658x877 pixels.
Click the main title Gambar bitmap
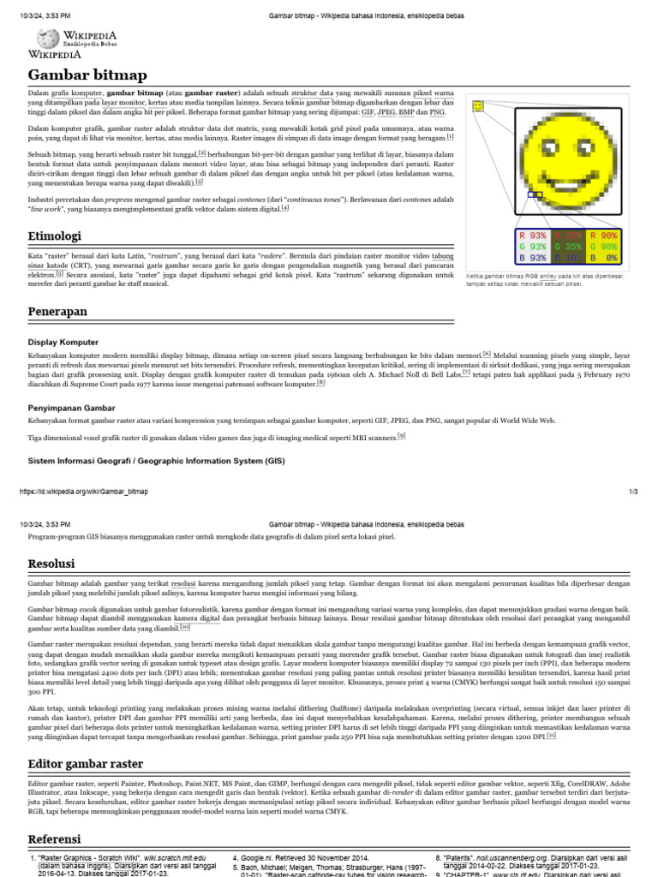(x=76, y=75)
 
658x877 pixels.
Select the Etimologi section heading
(x=54, y=236)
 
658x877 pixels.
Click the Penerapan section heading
(x=57, y=312)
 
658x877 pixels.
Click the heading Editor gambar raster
(x=86, y=763)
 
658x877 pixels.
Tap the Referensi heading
(x=54, y=838)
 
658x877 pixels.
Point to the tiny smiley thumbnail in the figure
(x=478, y=106)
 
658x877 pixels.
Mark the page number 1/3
(x=633, y=492)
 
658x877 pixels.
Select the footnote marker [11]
(x=551, y=734)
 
